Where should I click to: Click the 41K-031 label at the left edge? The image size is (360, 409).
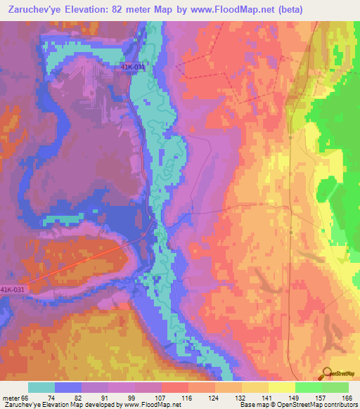click(13, 289)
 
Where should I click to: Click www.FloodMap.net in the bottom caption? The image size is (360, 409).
click(155, 405)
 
